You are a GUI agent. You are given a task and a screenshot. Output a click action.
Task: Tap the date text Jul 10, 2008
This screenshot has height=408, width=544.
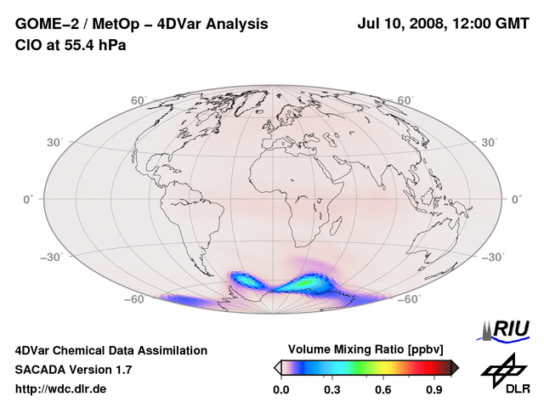point(399,25)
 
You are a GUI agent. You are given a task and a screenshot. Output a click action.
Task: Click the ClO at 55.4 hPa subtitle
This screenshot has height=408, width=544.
point(71,45)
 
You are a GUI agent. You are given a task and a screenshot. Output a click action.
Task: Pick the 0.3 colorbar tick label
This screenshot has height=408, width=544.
point(332,390)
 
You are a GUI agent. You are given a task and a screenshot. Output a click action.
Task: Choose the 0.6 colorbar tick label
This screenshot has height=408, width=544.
point(383,390)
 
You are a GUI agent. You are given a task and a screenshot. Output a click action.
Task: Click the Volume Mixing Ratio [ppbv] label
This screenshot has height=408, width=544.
point(366,349)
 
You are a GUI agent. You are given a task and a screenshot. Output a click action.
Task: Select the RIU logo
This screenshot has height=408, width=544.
point(506,329)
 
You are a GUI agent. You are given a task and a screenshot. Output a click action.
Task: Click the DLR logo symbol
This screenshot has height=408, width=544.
point(503,368)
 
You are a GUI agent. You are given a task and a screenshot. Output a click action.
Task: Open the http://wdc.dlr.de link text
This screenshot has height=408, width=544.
point(61,389)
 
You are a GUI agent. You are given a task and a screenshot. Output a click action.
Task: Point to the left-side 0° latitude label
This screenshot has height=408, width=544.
point(27,199)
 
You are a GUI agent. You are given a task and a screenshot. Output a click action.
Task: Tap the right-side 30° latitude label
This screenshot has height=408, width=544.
point(491,141)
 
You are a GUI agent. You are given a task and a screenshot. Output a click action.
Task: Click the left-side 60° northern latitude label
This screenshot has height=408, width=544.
point(138,100)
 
